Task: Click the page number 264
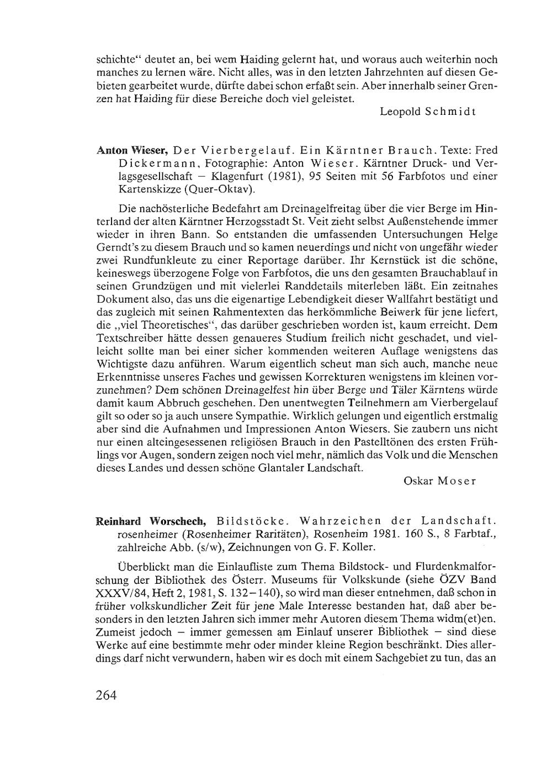coord(107,695)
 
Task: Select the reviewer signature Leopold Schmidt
coord(428,111)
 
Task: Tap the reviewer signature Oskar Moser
coord(440,481)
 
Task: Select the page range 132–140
coord(258,593)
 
